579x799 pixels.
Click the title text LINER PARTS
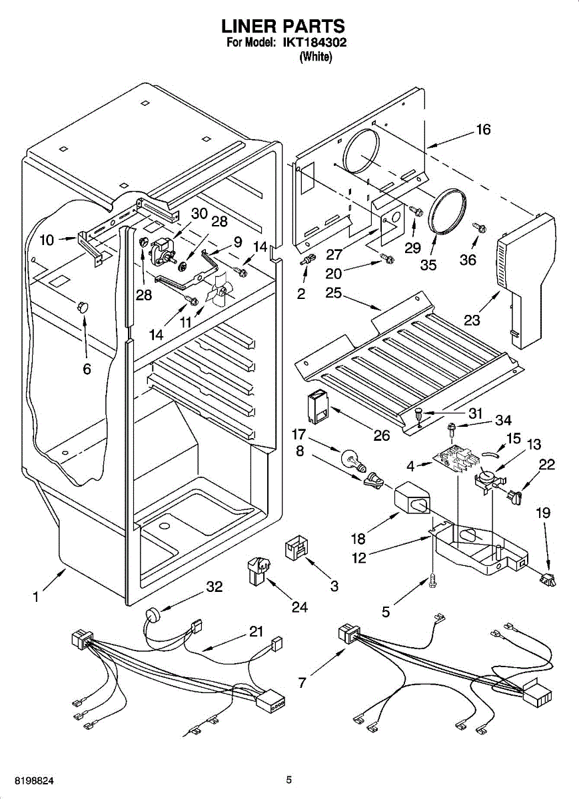click(283, 26)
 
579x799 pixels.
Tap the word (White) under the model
click(316, 57)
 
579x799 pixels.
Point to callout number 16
click(483, 131)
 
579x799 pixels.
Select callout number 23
click(472, 320)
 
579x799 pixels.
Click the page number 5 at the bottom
click(289, 780)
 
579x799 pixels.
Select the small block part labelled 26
click(318, 406)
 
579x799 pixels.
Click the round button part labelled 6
click(83, 307)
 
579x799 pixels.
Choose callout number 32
click(214, 587)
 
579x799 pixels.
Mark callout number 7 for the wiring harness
click(302, 682)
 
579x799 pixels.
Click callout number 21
click(257, 632)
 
